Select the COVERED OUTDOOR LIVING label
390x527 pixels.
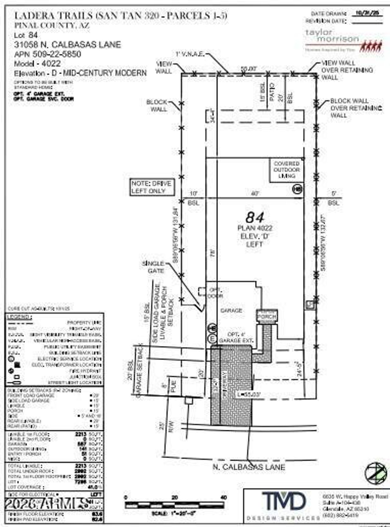tap(286, 170)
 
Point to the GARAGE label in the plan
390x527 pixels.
tap(231, 311)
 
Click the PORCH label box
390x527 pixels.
tap(267, 317)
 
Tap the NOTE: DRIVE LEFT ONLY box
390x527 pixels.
tap(152, 187)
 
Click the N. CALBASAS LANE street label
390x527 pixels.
tap(249, 467)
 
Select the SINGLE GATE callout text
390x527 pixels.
tap(153, 267)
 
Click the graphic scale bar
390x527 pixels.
tap(175, 505)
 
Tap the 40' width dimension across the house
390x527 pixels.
tap(255, 193)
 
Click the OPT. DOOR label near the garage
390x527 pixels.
tap(215, 293)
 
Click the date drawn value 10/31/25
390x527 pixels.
tap(367, 13)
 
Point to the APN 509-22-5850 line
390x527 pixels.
tap(48, 54)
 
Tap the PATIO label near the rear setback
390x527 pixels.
tap(272, 92)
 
